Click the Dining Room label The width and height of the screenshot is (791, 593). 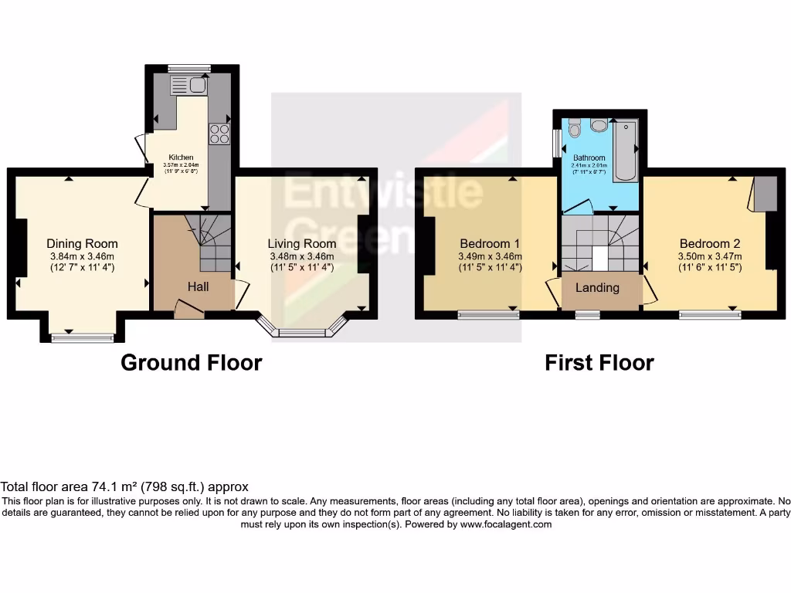82,244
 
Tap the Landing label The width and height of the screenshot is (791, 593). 598,288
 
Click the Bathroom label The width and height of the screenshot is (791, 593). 589,158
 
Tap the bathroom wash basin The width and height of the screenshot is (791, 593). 599,126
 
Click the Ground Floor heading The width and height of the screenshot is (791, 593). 192,362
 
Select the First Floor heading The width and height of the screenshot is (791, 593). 599,362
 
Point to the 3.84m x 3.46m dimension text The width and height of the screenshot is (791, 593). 82,257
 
